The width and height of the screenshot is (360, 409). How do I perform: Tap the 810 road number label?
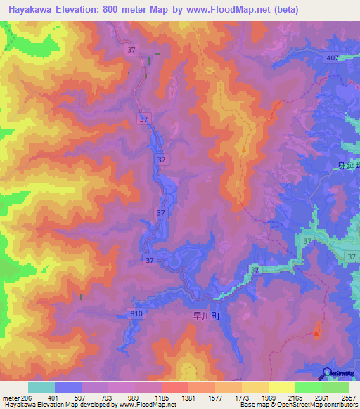pos(136,313)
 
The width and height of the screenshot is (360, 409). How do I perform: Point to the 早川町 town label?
pos(207,317)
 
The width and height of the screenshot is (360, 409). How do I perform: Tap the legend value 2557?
pos(348,397)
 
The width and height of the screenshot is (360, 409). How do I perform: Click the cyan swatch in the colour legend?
pos(41,387)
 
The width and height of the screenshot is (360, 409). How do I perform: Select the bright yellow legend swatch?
pos(281,387)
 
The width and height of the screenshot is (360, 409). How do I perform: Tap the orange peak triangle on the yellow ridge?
pos(244,149)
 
